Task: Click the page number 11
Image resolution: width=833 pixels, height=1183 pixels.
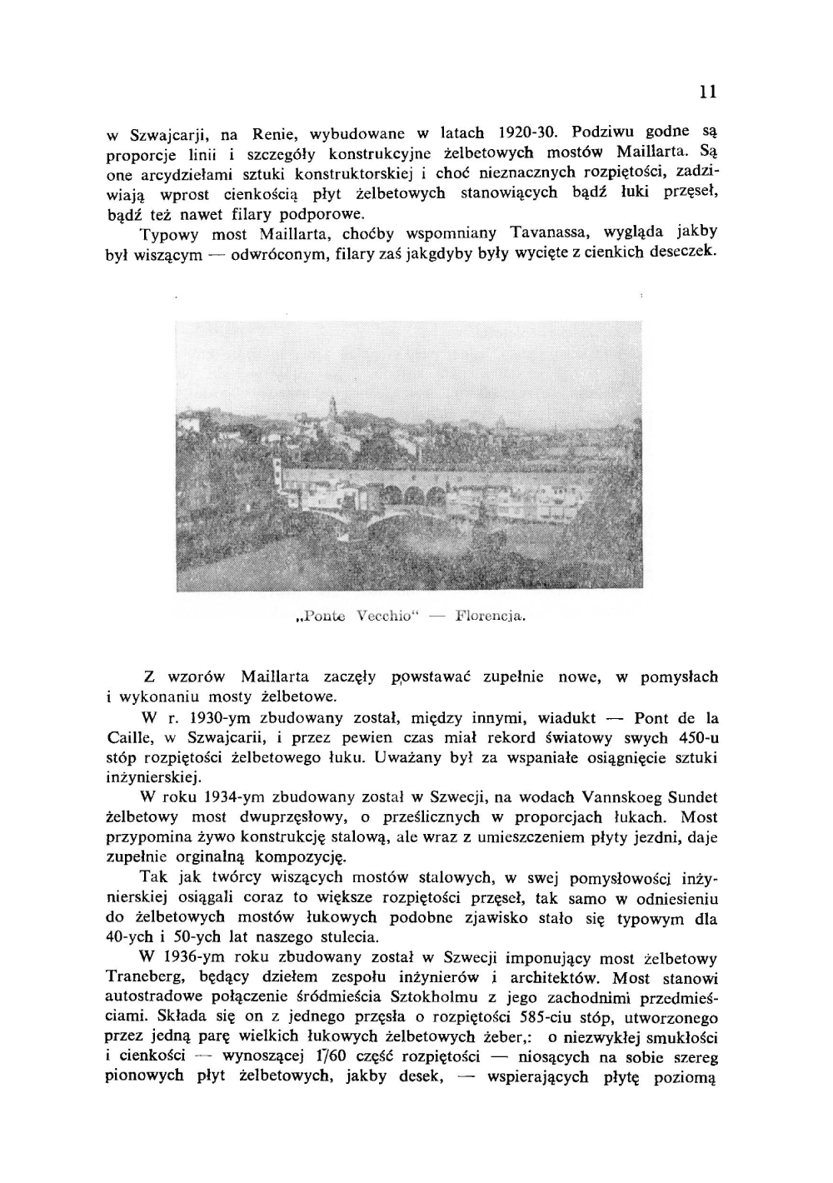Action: (x=708, y=92)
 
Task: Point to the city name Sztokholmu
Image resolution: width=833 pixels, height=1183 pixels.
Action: (x=431, y=997)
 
